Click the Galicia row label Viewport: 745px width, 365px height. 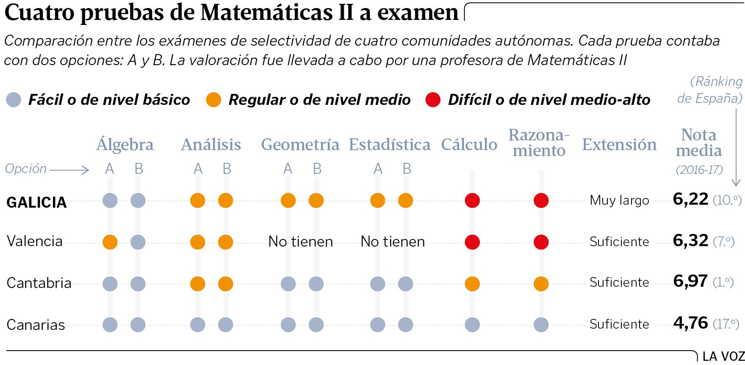37,202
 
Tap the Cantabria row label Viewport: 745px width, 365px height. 39,283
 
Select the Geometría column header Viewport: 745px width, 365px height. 300,145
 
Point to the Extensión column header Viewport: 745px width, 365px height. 619,145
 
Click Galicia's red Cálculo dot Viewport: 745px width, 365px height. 472,200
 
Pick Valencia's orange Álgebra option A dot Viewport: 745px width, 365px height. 110,242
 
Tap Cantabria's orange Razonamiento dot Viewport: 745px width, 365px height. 541,283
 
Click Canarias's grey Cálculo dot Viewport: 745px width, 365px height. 472,325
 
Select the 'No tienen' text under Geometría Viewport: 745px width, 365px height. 301,242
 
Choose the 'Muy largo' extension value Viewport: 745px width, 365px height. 619,200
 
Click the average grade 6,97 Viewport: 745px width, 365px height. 690,281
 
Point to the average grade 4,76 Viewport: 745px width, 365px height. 690,323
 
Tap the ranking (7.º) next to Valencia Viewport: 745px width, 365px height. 723,242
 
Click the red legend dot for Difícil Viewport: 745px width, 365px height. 433,100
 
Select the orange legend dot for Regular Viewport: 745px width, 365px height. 213,100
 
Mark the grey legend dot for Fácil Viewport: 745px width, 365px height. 14,100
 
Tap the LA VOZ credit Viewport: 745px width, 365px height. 723,357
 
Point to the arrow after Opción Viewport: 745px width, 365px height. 69,170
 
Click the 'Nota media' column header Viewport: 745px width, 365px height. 698,143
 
